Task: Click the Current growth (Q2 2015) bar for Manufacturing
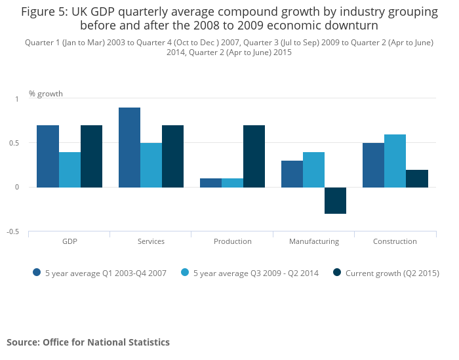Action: coord(335,201)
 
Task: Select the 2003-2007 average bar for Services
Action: coord(129,148)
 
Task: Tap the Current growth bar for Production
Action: coord(254,156)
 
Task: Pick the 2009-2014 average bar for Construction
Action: coord(395,161)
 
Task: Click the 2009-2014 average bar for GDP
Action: coord(70,170)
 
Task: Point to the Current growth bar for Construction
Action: coord(416,178)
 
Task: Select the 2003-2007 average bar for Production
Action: coord(210,183)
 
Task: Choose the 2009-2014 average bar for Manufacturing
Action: coord(313,170)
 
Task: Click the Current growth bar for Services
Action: coord(172,156)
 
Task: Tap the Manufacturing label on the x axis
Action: coord(314,241)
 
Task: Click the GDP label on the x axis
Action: coord(70,241)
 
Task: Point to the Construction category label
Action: coord(395,241)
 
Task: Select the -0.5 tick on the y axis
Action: coord(13,231)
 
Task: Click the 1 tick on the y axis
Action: coord(17,99)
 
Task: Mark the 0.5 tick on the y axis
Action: coord(14,143)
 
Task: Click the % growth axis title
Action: coord(46,94)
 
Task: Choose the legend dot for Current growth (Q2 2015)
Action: coord(337,273)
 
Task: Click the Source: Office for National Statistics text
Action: coord(88,342)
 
